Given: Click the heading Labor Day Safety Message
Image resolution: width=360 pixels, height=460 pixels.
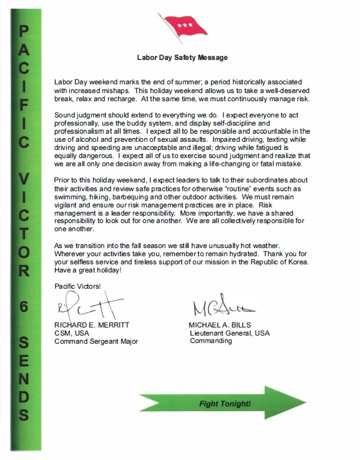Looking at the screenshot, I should (x=182, y=57).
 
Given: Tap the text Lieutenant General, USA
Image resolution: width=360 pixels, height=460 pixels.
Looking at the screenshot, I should (x=229, y=334).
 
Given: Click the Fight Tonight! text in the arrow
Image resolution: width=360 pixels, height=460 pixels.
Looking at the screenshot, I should (x=226, y=403).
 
